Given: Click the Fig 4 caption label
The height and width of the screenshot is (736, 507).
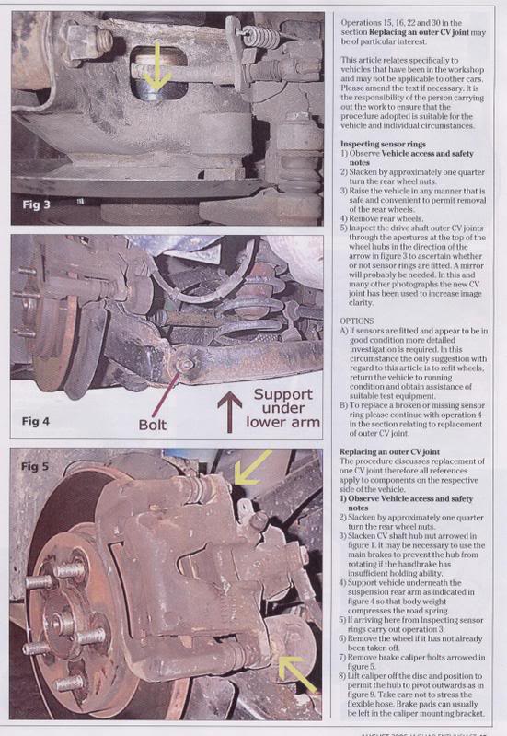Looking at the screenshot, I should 40,420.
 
